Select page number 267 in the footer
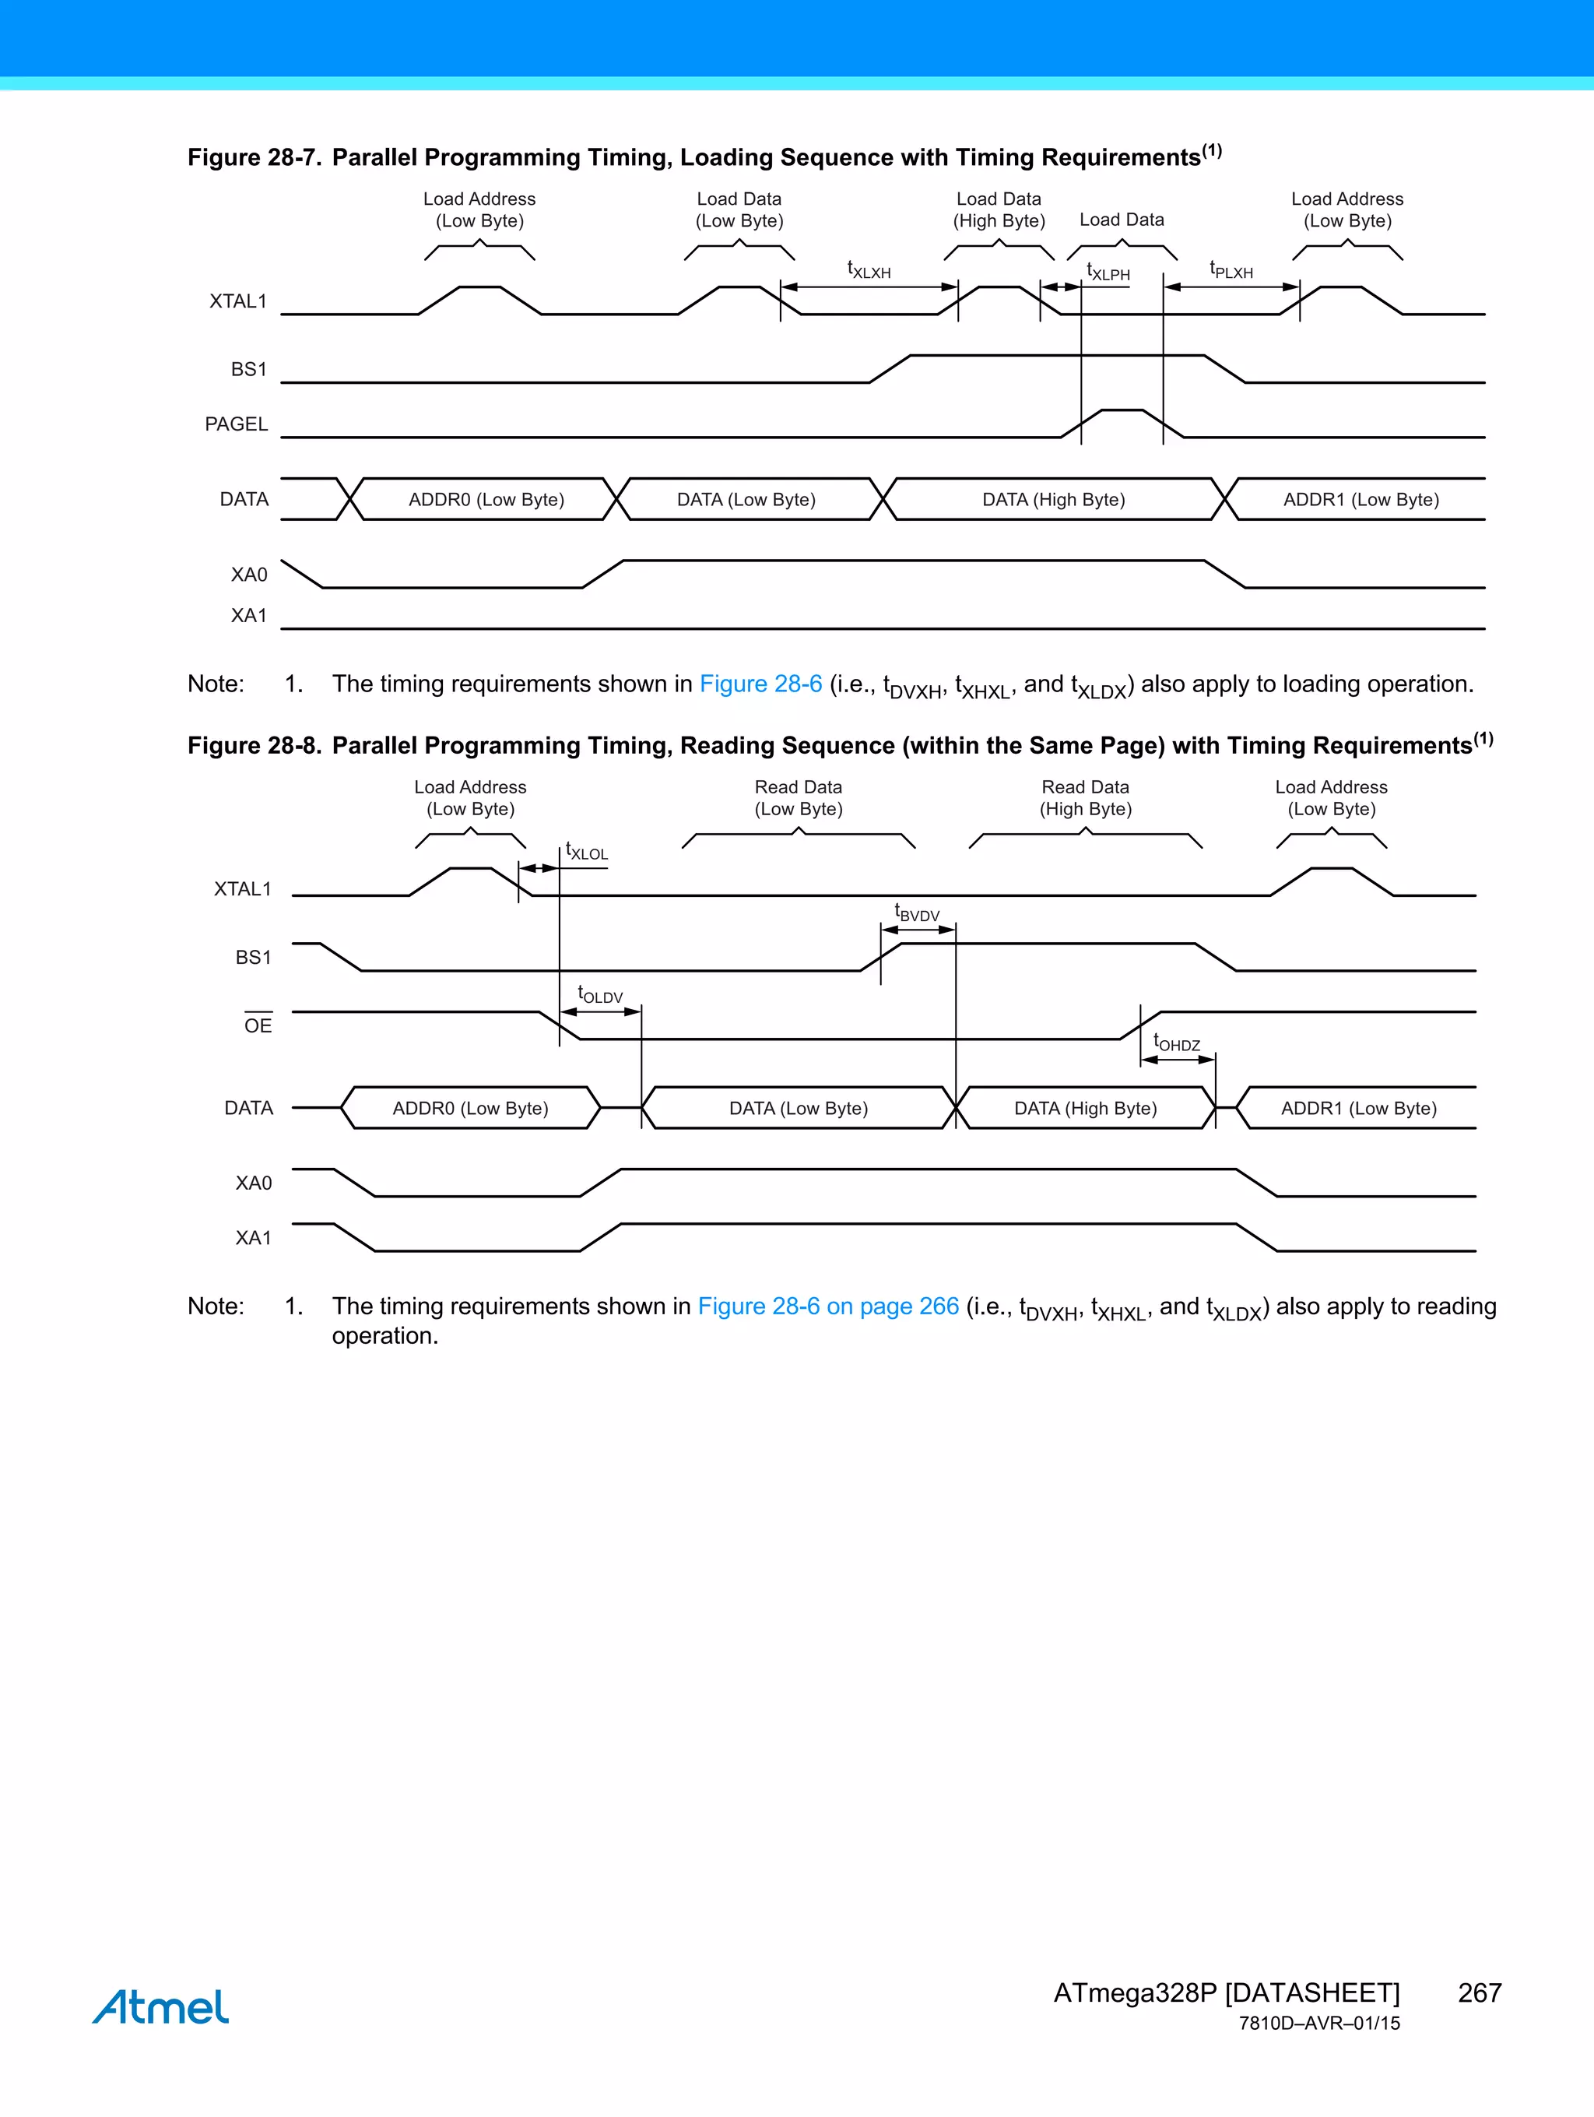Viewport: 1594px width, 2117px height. pos(1479,1992)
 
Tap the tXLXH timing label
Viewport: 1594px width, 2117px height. pos(869,270)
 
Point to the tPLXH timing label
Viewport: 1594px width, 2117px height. pos(1231,270)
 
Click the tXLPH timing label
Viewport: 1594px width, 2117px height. pos(1108,273)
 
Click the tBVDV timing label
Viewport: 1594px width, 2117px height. pos(917,913)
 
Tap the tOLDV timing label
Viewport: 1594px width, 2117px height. pos(600,994)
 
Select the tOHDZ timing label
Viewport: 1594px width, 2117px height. pos(1176,1043)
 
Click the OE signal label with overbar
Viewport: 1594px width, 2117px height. pos(258,1025)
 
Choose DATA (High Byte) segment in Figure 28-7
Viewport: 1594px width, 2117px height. pos(1053,500)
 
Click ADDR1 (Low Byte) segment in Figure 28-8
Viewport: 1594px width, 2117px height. pos(1359,1108)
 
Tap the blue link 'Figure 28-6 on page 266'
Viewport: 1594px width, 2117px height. pos(827,1306)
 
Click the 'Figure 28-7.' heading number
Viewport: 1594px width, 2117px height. pos(254,158)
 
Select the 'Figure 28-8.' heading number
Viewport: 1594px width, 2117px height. pos(254,746)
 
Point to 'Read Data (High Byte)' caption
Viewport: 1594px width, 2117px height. pos(1085,798)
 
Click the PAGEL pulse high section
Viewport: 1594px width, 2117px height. pos(1122,412)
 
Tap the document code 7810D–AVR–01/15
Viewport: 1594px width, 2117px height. pos(1318,2024)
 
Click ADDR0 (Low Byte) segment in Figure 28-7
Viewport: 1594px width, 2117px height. pos(486,500)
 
